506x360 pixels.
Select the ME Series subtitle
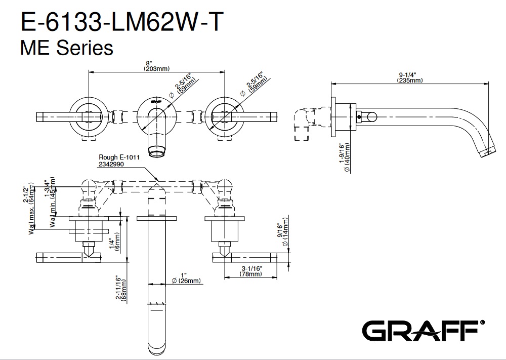tap(66, 49)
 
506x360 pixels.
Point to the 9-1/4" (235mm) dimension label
tap(409, 77)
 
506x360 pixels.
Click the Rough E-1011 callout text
tap(119, 157)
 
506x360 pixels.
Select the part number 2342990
tap(111, 164)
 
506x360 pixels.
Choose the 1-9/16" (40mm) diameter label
tap(345, 157)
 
